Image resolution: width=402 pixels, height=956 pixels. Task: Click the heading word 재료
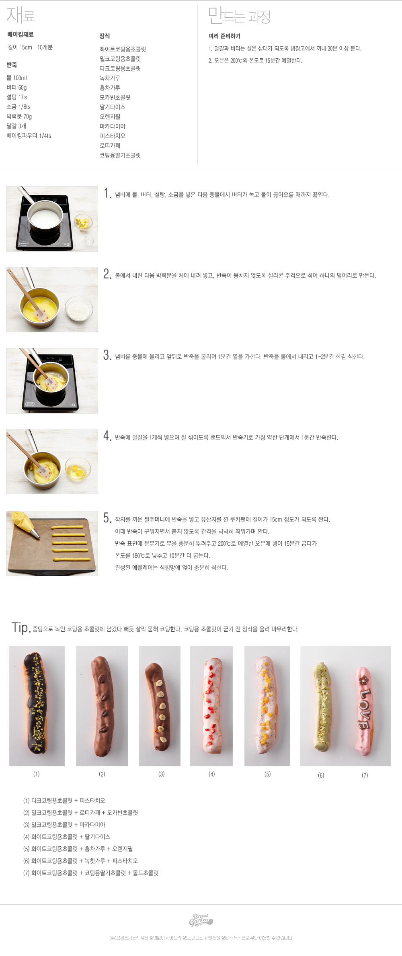pos(21,15)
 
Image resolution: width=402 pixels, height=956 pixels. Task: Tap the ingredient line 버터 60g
pos(16,88)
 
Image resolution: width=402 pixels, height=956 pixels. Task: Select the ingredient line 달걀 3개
pos(16,126)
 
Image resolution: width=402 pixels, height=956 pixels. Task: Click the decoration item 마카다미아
pos(113,126)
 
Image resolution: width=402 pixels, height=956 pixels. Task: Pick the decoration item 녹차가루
pos(110,78)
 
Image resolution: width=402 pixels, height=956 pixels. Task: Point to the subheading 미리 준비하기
pos(224,36)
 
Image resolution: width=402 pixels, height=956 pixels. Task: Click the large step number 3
pos(107,355)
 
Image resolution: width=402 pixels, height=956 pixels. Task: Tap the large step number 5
pos(107,518)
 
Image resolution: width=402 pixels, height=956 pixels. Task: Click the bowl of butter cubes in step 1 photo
pos(83,223)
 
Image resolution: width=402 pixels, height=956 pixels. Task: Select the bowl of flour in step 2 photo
pos(79,309)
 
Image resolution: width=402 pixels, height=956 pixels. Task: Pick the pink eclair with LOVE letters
pos(365,710)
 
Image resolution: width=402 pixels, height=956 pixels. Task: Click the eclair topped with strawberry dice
pos(211,706)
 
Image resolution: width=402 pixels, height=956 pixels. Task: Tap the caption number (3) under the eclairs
pos(162,774)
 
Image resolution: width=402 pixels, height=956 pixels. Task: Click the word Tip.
pos(21,628)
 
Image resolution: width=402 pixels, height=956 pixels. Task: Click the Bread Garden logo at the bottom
pos(201,920)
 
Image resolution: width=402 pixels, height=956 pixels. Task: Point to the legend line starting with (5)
pos(78,849)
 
